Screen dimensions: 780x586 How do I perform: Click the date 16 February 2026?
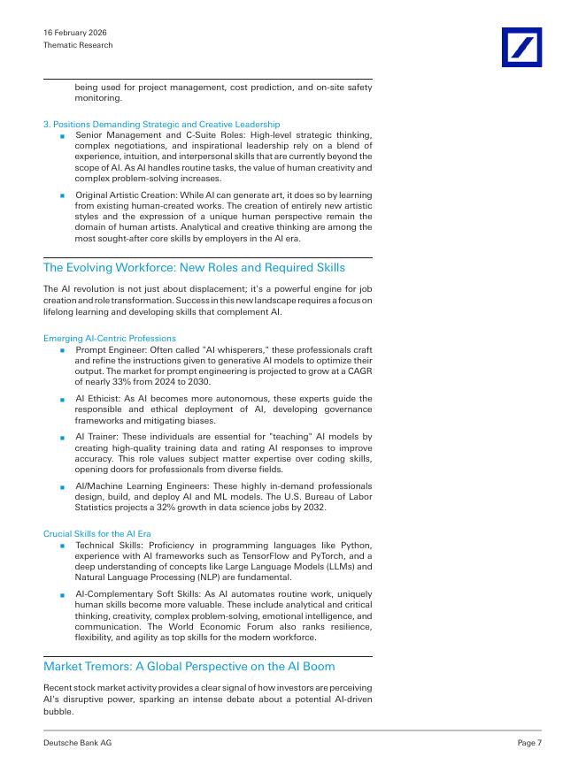75,33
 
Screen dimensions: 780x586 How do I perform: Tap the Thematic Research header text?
78,45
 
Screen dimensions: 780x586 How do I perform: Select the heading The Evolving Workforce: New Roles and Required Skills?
194,268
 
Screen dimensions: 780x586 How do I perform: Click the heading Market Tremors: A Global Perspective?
189,665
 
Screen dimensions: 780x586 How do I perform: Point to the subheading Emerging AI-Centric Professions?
110,339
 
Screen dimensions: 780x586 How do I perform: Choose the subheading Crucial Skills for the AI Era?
98,534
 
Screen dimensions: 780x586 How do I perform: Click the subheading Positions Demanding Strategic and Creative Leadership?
162,125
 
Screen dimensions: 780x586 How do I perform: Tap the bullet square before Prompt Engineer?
63,351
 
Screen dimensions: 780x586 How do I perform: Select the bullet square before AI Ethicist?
63,400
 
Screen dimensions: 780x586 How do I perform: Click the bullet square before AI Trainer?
63,438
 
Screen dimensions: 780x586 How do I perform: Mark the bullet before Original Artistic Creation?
63,195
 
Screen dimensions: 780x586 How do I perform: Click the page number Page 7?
529,743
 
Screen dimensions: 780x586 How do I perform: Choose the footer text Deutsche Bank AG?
78,743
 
